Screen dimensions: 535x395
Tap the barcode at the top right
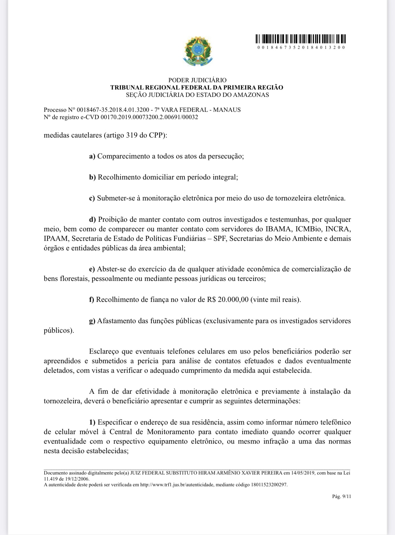[301, 39]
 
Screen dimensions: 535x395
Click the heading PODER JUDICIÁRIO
[197, 80]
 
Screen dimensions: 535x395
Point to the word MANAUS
[227, 110]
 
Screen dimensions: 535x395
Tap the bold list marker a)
[92, 156]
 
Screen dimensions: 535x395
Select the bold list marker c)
[92, 198]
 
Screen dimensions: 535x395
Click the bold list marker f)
[92, 299]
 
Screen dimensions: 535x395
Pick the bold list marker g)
[92, 321]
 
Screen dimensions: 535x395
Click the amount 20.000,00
[233, 299]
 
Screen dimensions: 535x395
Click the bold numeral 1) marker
[92, 422]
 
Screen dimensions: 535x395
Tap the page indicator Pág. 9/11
[342, 497]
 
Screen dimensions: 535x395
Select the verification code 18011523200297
[269, 485]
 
